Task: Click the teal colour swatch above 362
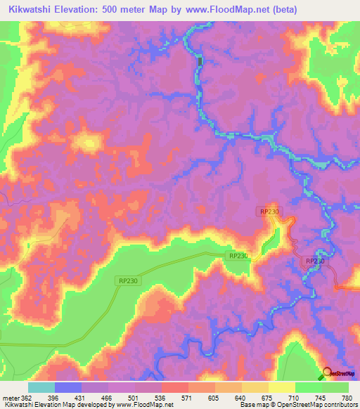point(41,387)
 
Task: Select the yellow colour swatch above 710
point(281,387)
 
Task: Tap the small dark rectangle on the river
point(200,62)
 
